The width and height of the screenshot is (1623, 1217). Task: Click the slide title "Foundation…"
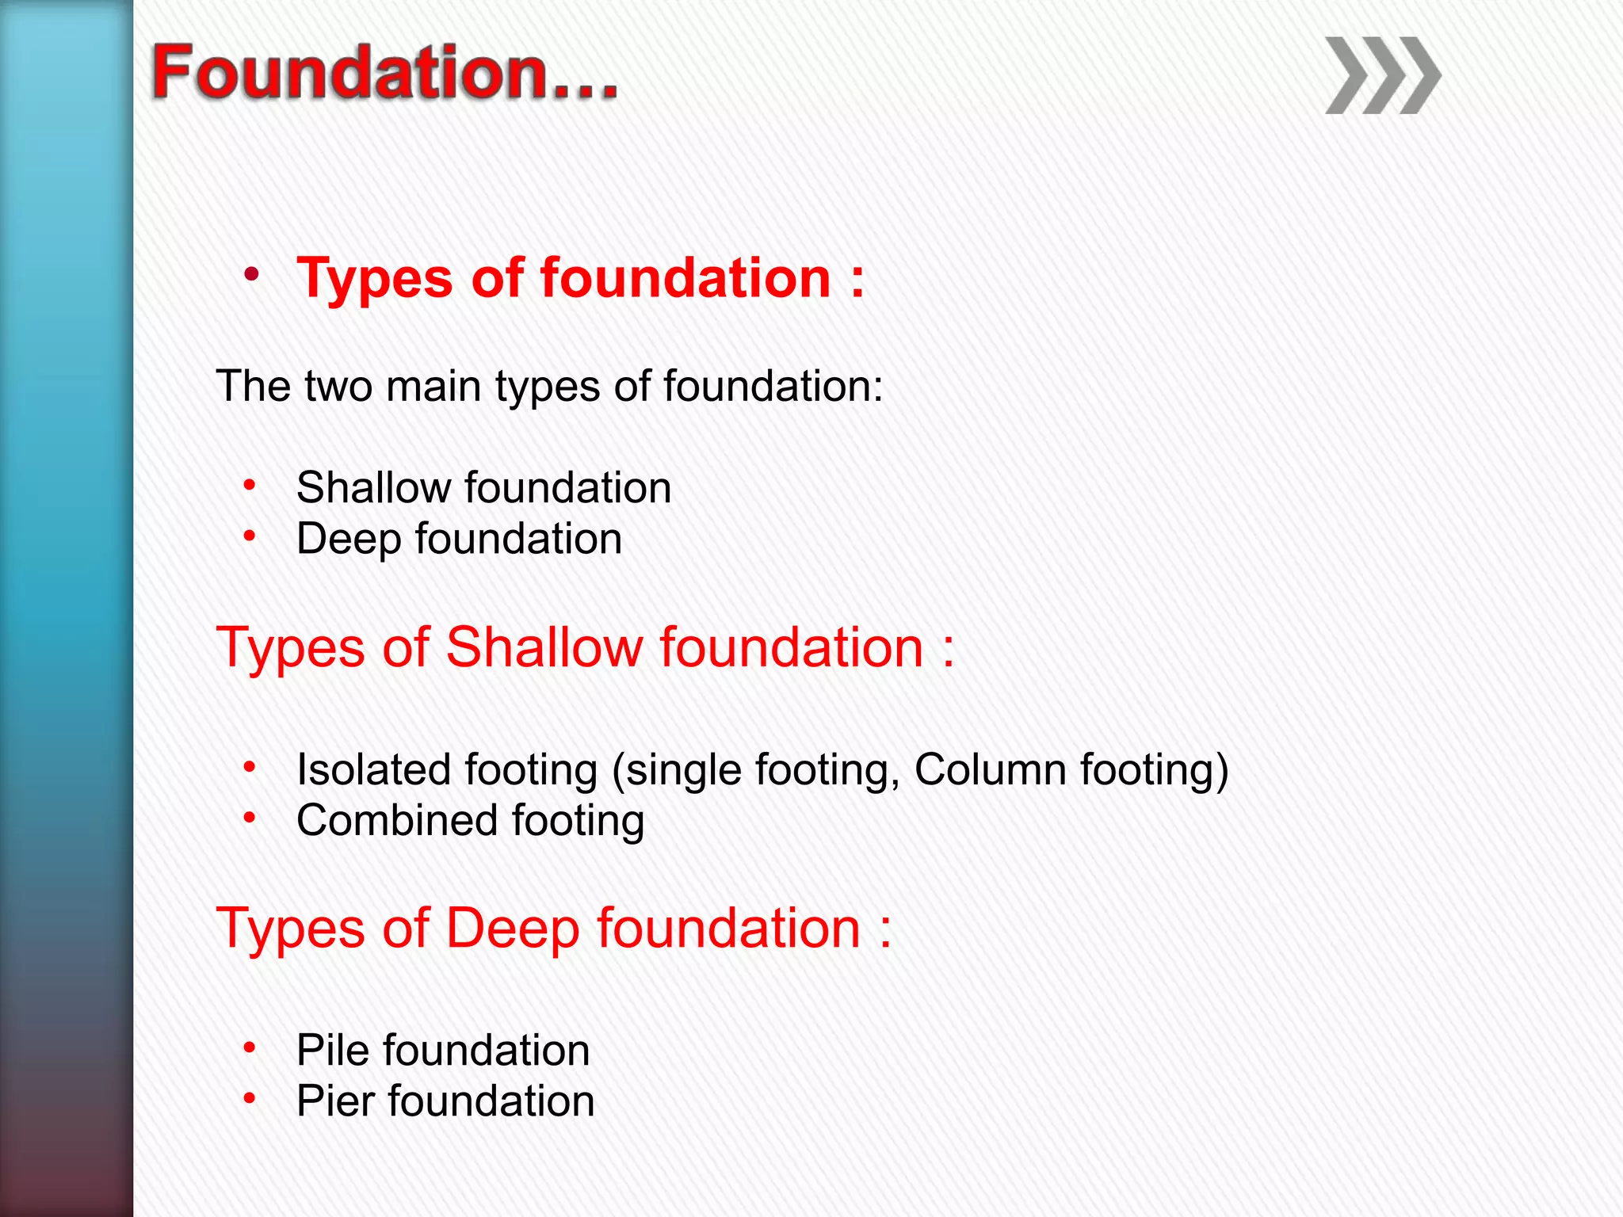click(384, 73)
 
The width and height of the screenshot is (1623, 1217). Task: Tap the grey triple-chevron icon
click(1382, 76)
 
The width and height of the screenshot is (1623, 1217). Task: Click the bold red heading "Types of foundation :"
click(580, 279)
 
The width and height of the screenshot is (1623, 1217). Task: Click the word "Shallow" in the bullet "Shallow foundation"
click(373, 487)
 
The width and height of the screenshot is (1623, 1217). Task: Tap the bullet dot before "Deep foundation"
click(250, 536)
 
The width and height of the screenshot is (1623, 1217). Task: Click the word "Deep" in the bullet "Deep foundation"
click(348, 540)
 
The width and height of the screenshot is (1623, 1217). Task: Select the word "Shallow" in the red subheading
click(544, 648)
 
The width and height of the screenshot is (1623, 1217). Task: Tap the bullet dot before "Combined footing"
click(250, 818)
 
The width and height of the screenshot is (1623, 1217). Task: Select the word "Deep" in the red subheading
click(512, 930)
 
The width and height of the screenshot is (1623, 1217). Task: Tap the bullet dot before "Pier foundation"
click(250, 1098)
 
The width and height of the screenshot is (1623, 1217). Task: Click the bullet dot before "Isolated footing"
click(250, 767)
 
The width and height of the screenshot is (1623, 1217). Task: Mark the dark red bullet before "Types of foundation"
click(251, 275)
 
